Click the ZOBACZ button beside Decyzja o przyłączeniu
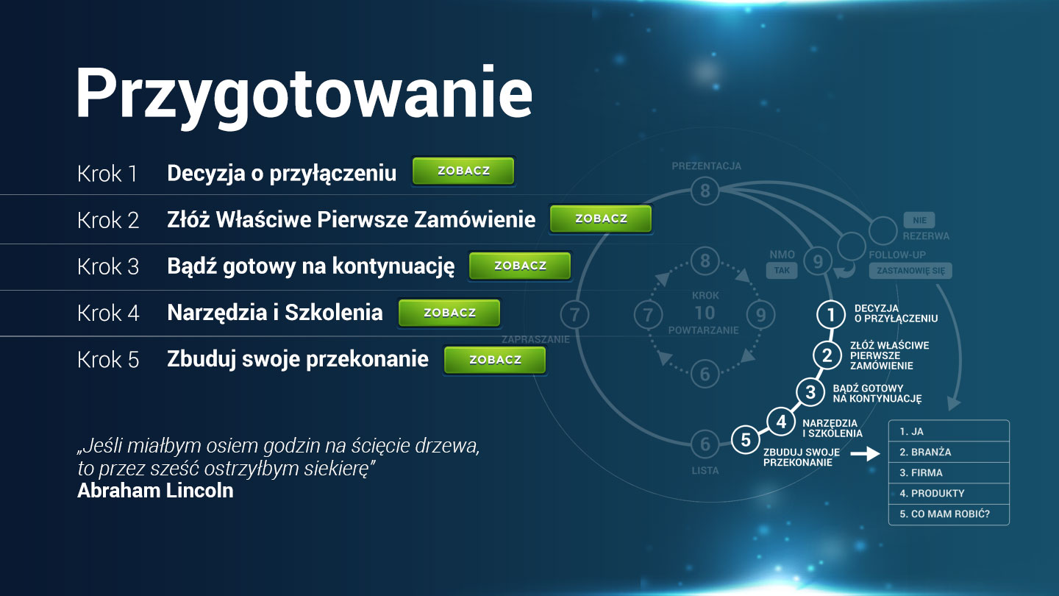coord(463,171)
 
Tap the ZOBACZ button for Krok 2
coord(601,219)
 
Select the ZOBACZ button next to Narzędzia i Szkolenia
coord(449,313)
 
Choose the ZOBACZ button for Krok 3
coord(520,266)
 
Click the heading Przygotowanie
coord(304,95)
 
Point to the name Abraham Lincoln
coord(155,491)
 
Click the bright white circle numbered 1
coord(831,315)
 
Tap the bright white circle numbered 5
coord(746,439)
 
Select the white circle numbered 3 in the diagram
coord(810,392)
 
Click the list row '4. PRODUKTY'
coord(949,493)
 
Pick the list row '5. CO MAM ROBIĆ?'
coord(949,514)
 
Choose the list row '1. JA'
coord(949,431)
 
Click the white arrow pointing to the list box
coord(865,454)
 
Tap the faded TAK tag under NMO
coord(782,270)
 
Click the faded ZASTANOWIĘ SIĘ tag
coord(910,271)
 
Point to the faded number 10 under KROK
coord(705,313)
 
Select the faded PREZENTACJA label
coord(706,166)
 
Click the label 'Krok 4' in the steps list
coord(108,313)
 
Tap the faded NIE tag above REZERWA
coord(919,220)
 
